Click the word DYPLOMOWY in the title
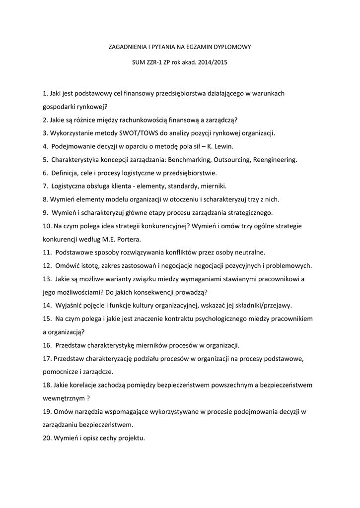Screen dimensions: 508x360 pos(232,47)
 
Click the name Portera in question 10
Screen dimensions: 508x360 pos(127,239)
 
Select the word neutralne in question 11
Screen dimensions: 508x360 pos(249,252)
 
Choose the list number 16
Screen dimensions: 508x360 pos(47,345)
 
